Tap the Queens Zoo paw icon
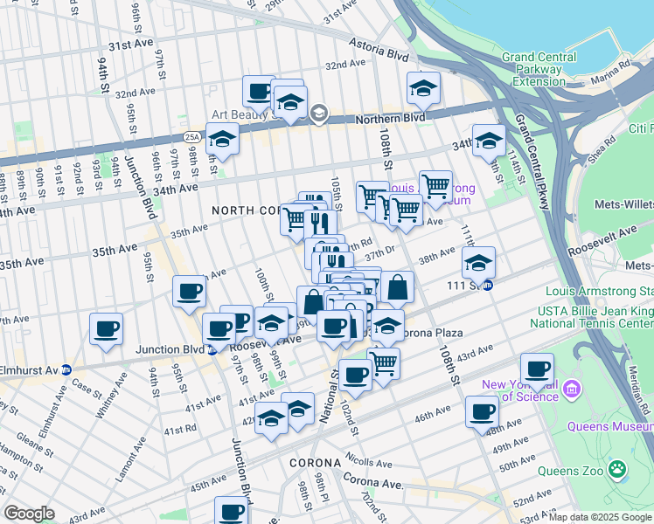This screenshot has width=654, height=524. (x=618, y=470)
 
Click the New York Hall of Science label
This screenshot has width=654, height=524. (x=519, y=390)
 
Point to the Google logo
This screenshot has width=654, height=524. (x=29, y=514)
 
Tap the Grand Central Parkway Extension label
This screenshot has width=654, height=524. (x=539, y=69)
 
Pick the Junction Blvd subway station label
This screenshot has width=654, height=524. (x=170, y=349)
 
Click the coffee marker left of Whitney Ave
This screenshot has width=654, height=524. (x=106, y=329)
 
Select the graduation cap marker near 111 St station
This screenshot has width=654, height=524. (x=478, y=263)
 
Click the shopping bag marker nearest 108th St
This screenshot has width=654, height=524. (x=397, y=286)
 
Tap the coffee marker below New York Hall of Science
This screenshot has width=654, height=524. (x=482, y=412)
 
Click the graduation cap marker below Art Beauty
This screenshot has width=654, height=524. (x=222, y=140)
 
